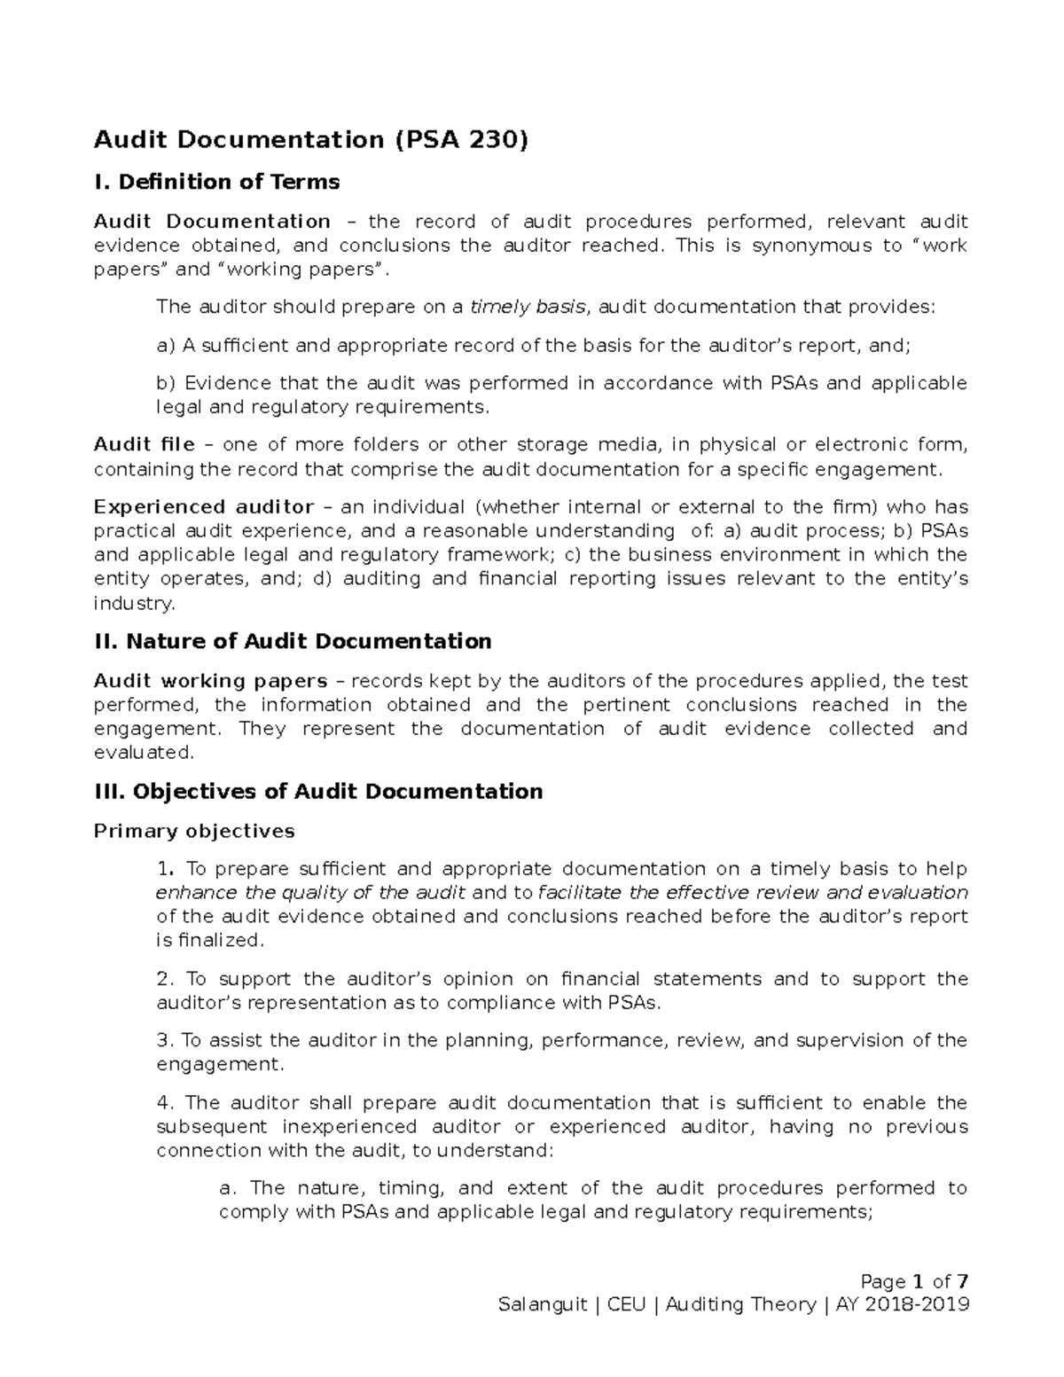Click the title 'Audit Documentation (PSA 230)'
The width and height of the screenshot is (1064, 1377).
[x=310, y=140]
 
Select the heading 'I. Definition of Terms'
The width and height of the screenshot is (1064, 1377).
[x=216, y=182]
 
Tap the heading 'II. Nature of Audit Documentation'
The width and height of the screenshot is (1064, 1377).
[x=292, y=641]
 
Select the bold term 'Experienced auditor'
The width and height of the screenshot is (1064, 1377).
[x=204, y=507]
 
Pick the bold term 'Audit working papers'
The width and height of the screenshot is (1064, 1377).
[x=210, y=681]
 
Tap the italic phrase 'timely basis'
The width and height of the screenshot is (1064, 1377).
[x=527, y=307]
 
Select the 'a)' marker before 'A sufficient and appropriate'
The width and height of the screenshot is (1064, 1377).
[x=166, y=346]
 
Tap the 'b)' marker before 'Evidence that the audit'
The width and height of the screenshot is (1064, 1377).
[x=166, y=383]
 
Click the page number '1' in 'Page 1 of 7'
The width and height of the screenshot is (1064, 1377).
[x=918, y=1281]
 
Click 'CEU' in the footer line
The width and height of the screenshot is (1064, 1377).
[x=626, y=1304]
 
